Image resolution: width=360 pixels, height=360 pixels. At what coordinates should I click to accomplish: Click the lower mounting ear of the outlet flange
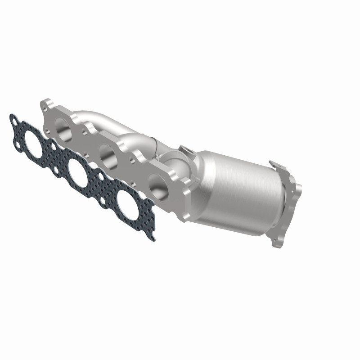click(x=275, y=241)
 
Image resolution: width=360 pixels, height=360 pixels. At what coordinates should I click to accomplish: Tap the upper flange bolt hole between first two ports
click(x=84, y=130)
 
